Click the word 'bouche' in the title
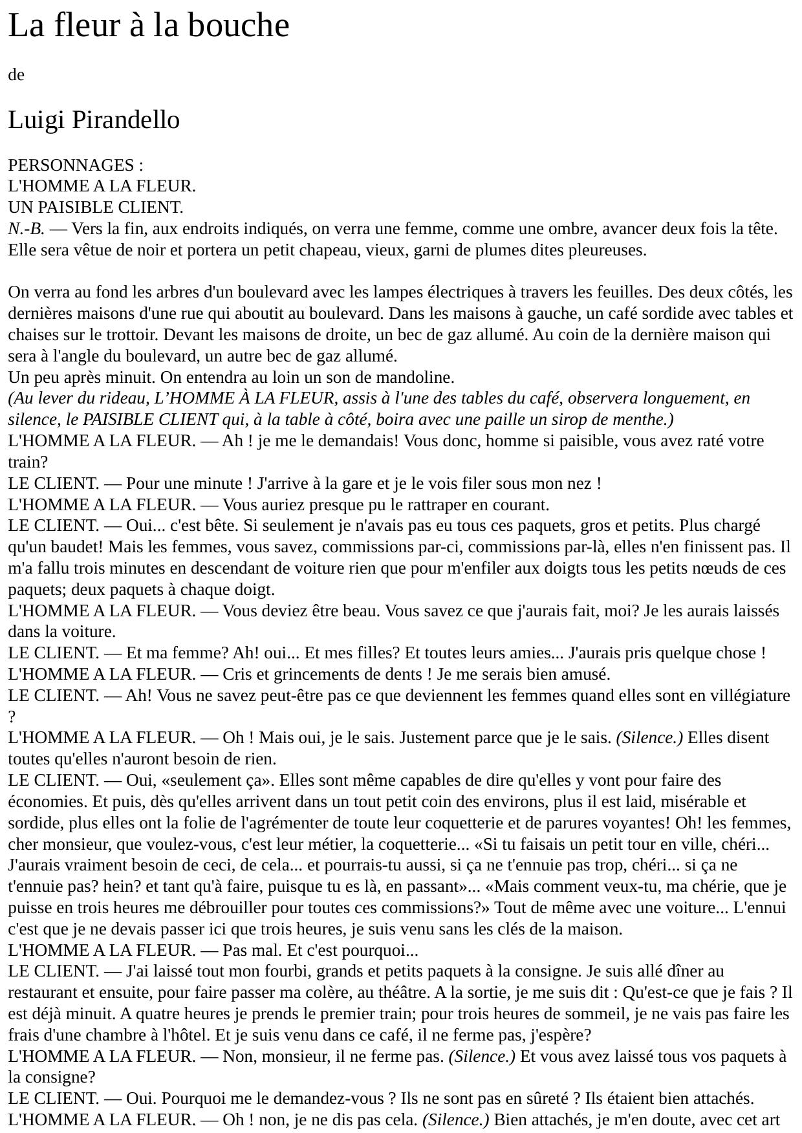tap(245, 27)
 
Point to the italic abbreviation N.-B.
tap(26, 229)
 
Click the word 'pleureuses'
tap(605, 250)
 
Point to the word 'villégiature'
tap(747, 696)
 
